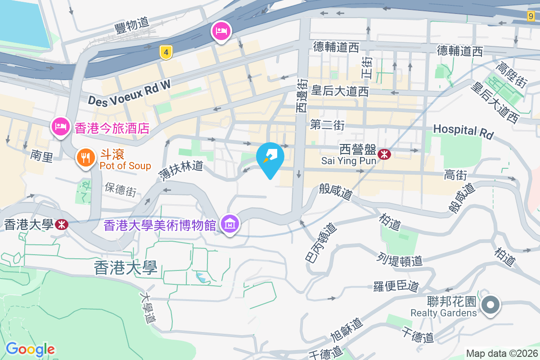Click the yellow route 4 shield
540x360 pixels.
166,53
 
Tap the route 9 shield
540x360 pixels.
531,16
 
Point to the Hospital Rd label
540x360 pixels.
463,131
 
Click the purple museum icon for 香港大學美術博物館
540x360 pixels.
230,224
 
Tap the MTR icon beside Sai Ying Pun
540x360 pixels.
384,154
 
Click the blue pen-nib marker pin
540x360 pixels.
270,157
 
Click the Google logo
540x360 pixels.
30,349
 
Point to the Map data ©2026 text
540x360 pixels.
501,354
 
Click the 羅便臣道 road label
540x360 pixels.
396,286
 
